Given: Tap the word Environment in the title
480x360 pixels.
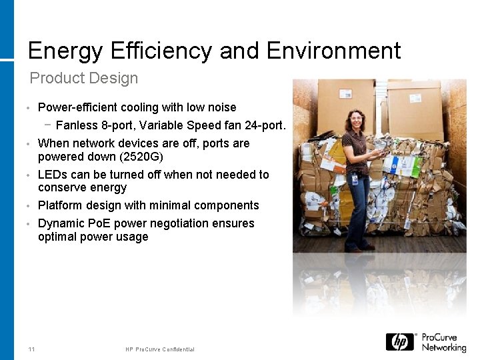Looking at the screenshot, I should [334, 51].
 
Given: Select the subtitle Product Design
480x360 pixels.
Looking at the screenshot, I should [84, 78].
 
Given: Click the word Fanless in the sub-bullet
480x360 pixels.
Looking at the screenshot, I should [77, 125].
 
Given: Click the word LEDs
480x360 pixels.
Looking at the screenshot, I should [52, 175].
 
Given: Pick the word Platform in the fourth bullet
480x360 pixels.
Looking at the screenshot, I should [61, 205].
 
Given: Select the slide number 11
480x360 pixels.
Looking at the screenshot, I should [32, 349].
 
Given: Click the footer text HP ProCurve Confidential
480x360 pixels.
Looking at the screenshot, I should [160, 349].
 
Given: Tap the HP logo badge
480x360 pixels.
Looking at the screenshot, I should [400, 342].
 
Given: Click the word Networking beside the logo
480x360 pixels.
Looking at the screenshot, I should [443, 348].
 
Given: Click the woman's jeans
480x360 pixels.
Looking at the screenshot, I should [359, 207].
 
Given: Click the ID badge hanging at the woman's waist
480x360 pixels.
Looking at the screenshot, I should [355, 180].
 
